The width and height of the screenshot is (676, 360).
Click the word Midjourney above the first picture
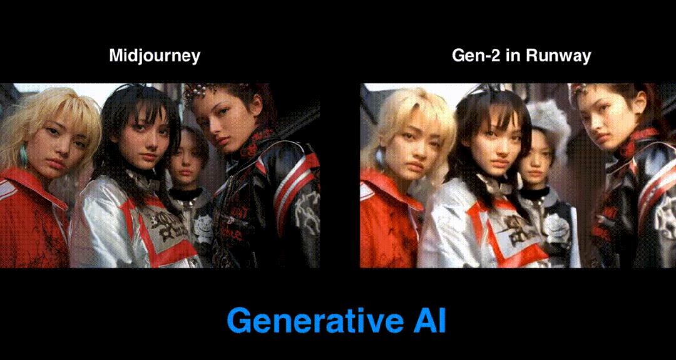point(155,56)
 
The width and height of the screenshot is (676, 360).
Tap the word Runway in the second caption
point(558,56)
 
